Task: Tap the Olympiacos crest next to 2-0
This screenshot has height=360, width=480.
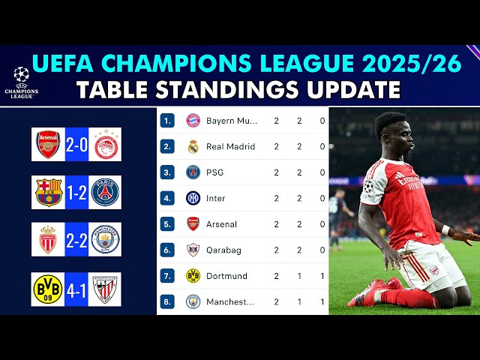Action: tap(105, 145)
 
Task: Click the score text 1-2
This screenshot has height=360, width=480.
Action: tap(76, 193)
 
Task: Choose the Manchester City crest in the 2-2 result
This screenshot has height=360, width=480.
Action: tap(105, 239)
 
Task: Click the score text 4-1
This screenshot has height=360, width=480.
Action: tap(76, 289)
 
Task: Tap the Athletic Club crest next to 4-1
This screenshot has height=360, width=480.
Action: tap(105, 289)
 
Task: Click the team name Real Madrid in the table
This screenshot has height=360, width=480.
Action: tap(230, 146)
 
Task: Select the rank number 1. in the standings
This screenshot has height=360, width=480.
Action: tap(169, 120)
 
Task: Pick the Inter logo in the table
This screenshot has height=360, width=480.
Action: tap(193, 198)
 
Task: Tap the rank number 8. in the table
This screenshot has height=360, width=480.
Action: tap(169, 301)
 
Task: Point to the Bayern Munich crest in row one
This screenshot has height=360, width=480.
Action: tap(193, 120)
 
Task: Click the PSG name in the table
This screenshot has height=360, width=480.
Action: tap(214, 172)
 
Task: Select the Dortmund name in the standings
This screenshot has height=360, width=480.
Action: tap(226, 276)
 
